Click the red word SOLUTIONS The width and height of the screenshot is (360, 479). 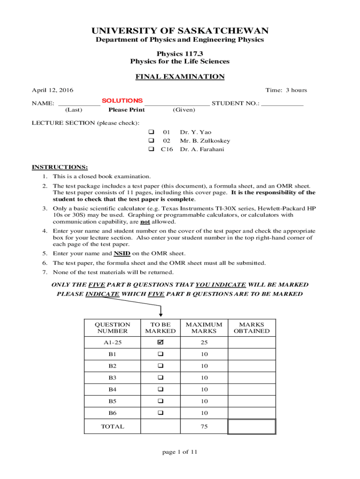pyautogui.click(x=122, y=101)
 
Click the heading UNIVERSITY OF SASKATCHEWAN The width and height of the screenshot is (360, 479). pyautogui.click(x=180, y=31)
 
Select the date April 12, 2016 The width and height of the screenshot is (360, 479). pyautogui.click(x=52, y=90)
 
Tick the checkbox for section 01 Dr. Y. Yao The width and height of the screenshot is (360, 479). pyautogui.click(x=151, y=132)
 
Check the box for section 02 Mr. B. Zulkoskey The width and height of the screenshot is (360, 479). pyautogui.click(x=151, y=141)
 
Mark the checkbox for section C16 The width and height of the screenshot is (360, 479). pyautogui.click(x=151, y=149)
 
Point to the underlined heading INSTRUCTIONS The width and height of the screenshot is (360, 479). pyautogui.click(x=59, y=167)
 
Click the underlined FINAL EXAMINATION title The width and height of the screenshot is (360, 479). pyautogui.click(x=180, y=77)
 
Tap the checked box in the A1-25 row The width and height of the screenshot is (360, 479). pyautogui.click(x=160, y=343)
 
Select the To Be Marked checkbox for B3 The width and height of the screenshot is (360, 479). pyautogui.click(x=160, y=378)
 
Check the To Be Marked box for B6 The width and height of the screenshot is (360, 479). pyautogui.click(x=160, y=413)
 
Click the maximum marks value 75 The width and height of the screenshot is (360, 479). pyautogui.click(x=204, y=427)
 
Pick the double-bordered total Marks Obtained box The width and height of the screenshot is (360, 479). pyautogui.click(x=252, y=427)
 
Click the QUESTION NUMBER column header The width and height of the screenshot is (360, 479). pyautogui.click(x=113, y=327)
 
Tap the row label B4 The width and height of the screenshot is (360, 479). pyautogui.click(x=113, y=390)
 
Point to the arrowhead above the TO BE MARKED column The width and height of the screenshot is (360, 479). pyautogui.click(x=161, y=314)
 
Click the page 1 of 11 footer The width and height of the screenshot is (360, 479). pyautogui.click(x=180, y=452)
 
